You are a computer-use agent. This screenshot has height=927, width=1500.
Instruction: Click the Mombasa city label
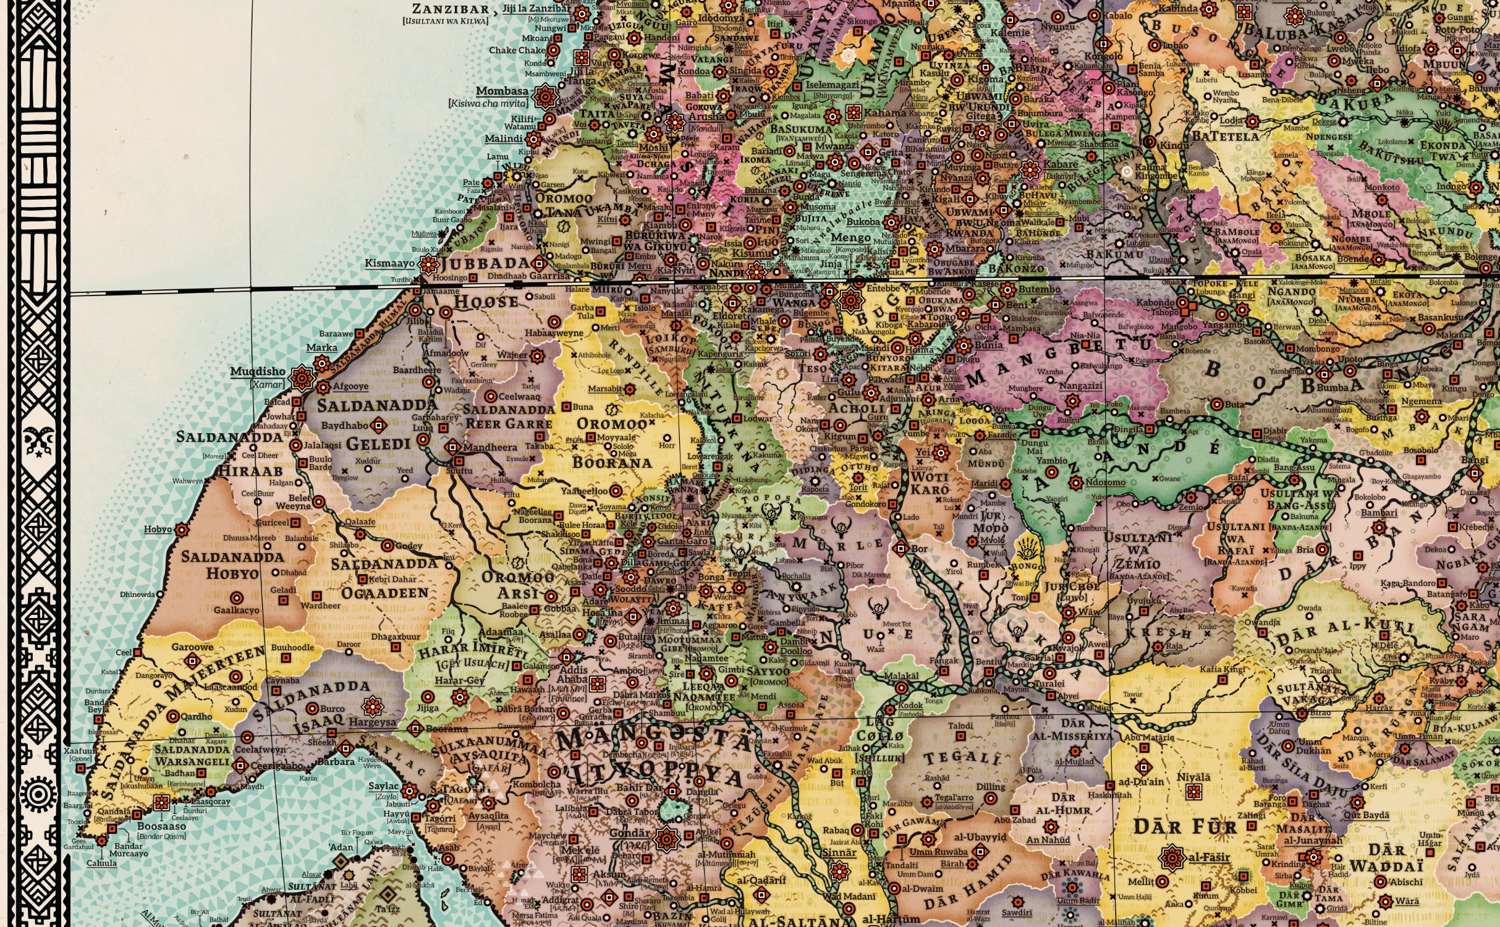502,91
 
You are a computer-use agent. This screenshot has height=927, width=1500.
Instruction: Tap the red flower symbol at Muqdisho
302,378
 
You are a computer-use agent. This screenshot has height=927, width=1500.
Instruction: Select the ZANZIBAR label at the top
451,9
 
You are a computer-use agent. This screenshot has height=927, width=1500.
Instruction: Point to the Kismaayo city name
389,263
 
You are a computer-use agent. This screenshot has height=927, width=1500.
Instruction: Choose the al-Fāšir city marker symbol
1172,858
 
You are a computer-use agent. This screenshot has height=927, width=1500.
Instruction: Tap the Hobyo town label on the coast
158,530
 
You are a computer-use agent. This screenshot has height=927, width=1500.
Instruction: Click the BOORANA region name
612,463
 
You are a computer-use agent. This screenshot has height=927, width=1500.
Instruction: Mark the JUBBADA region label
486,264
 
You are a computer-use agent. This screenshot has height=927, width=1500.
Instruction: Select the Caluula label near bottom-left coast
101,863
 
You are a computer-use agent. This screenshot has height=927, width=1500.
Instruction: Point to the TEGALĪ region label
962,759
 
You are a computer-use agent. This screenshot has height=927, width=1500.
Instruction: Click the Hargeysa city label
372,722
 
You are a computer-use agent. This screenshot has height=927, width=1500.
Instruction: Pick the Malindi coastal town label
503,139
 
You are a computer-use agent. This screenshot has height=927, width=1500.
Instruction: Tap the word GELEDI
378,444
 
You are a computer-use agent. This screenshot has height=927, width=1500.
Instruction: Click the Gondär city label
630,832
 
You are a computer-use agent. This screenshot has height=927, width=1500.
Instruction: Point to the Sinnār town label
839,853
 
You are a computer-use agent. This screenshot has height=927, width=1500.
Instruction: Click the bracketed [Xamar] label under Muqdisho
268,384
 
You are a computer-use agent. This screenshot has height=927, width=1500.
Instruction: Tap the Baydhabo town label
344,426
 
